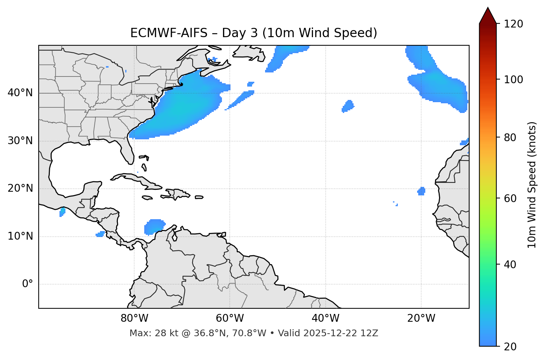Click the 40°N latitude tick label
(20, 93)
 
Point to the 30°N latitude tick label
(20, 141)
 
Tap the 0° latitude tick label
(28, 284)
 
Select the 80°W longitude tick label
(134, 318)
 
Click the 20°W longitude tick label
(421, 318)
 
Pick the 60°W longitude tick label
(230, 318)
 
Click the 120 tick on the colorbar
(513, 24)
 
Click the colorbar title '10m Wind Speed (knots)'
(532, 185)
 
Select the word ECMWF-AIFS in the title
(168, 33)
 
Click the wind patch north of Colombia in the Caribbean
(154, 226)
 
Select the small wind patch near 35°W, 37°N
(348, 106)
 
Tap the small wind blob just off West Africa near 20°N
(421, 191)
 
